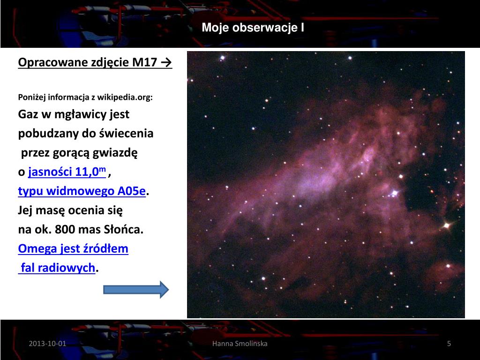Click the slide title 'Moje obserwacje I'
(x=253, y=28)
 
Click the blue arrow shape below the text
(x=135, y=290)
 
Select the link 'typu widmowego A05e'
(x=82, y=191)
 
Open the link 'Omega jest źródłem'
(x=73, y=248)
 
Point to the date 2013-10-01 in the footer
(x=47, y=344)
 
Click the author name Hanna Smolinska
(x=240, y=344)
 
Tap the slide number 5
(x=449, y=344)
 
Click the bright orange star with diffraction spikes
(x=446, y=225)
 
